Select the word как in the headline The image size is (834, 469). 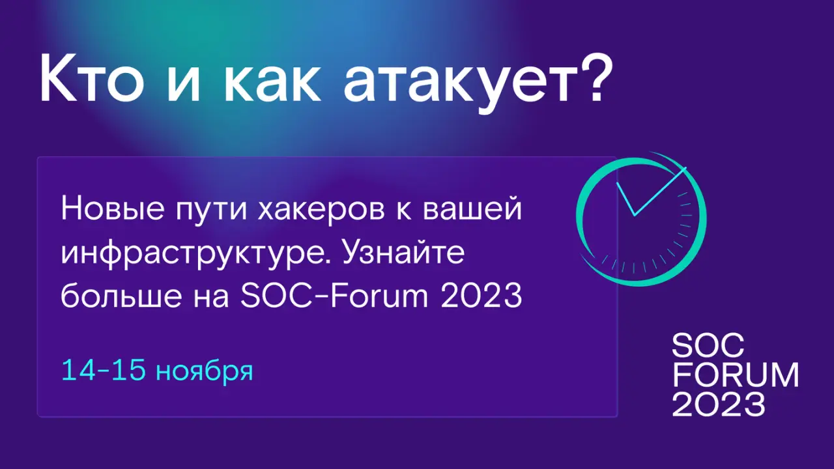tap(272, 83)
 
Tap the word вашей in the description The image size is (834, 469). tap(472, 209)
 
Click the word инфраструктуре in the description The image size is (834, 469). tap(196, 254)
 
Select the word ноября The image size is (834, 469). tap(205, 372)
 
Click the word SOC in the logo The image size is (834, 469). tap(708, 345)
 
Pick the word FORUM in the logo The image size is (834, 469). tap(736, 375)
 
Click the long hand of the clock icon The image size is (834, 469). tap(660, 192)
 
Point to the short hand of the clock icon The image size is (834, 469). tap(625, 199)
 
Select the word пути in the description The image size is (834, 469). tap(211, 212)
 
